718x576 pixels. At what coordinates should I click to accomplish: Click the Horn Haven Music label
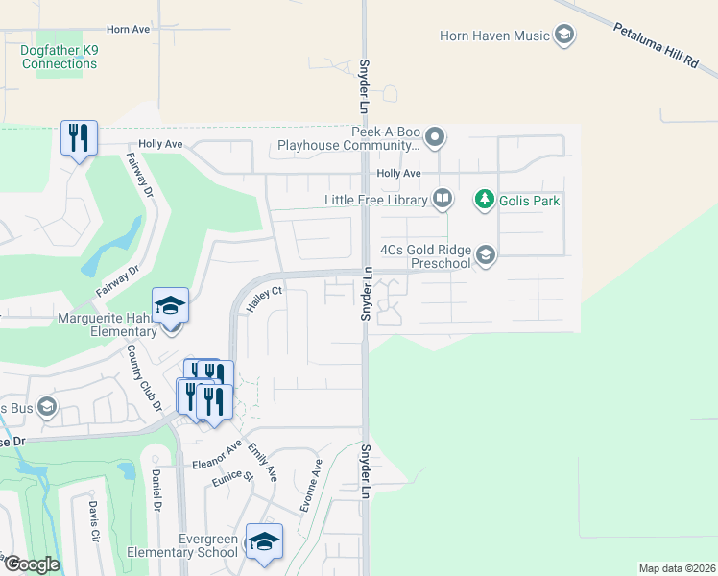[494, 36]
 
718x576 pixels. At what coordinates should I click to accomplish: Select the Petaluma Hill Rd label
[656, 45]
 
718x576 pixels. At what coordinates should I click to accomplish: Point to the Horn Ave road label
[129, 30]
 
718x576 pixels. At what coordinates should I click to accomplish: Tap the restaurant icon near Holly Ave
[79, 136]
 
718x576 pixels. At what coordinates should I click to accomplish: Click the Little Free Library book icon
[442, 200]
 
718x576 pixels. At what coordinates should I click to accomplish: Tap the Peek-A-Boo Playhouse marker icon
[435, 137]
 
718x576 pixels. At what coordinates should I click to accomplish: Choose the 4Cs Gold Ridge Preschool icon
[486, 254]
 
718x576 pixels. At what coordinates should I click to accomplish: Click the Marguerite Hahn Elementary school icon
[171, 305]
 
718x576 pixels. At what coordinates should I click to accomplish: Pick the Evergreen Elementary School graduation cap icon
[264, 540]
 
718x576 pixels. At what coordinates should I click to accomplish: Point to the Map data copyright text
[676, 568]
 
